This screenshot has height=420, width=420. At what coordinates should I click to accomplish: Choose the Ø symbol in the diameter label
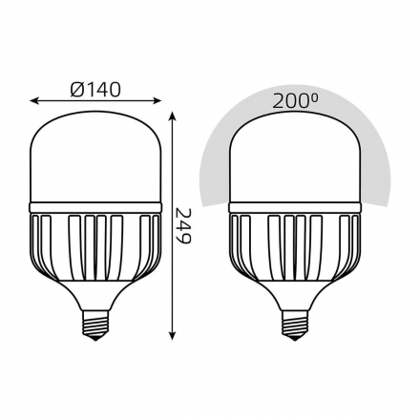tap(75, 89)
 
